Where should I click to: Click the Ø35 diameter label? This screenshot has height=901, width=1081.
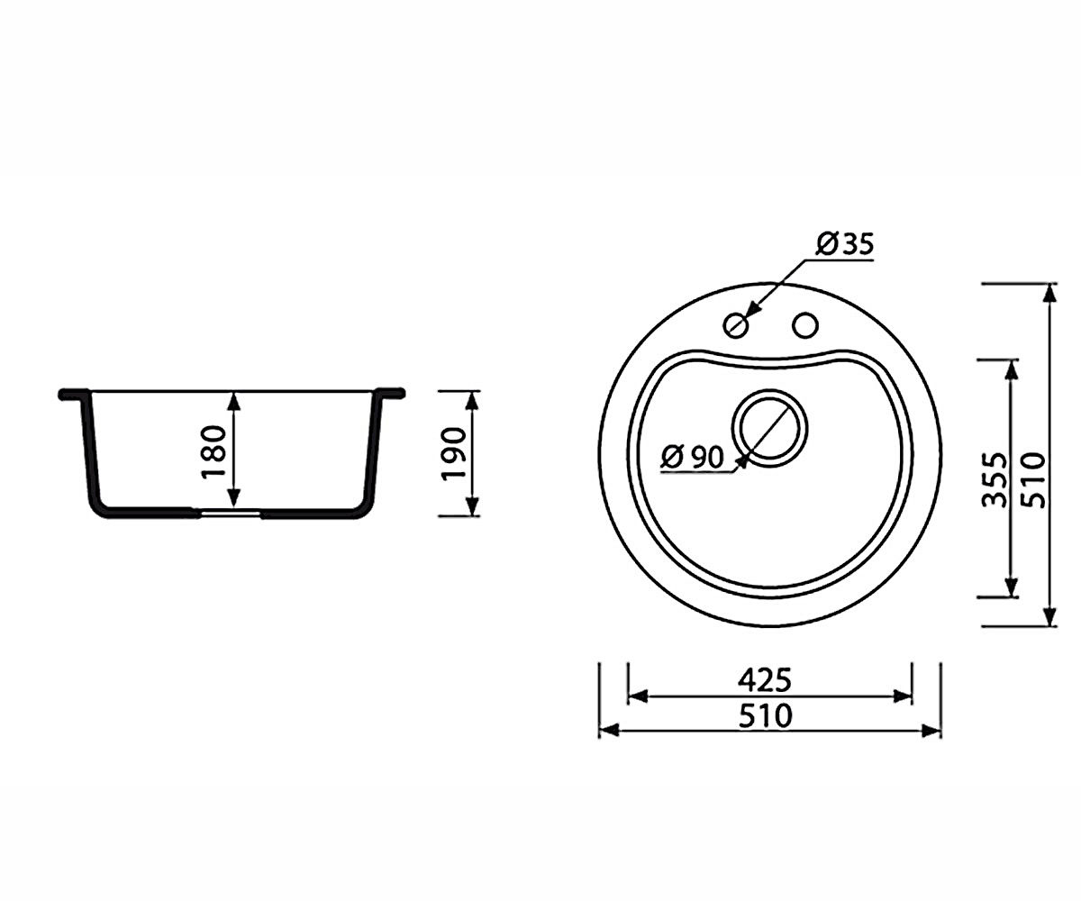(x=845, y=244)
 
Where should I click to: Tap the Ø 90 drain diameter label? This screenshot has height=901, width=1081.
(x=692, y=457)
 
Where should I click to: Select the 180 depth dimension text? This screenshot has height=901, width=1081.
(x=214, y=451)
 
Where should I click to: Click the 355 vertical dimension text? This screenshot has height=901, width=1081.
(x=995, y=480)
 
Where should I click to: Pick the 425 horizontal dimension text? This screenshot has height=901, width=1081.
(x=765, y=680)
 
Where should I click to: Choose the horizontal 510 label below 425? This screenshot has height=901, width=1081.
(x=765, y=715)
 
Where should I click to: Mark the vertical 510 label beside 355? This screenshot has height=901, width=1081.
(x=1033, y=480)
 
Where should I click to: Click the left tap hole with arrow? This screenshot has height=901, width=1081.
(x=735, y=325)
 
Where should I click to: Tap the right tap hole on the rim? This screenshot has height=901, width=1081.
(x=805, y=325)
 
